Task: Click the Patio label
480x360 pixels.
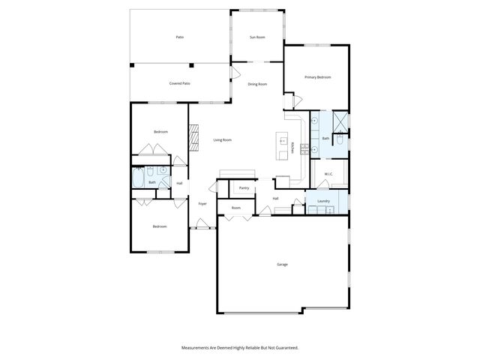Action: (x=180, y=37)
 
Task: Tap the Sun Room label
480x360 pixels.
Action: (x=257, y=37)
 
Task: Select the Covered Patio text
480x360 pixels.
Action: (x=179, y=83)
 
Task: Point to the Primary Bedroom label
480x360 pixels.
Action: (x=317, y=77)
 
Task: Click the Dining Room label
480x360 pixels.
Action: (x=257, y=84)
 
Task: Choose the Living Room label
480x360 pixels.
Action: (x=222, y=139)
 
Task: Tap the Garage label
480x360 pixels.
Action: (x=282, y=264)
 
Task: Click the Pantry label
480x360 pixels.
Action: (x=244, y=188)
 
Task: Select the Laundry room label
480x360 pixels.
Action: (x=324, y=201)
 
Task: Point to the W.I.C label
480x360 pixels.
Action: (x=328, y=174)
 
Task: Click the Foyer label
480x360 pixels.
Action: (x=202, y=204)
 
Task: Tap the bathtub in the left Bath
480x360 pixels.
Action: (x=139, y=178)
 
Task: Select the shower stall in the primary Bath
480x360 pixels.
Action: (x=340, y=121)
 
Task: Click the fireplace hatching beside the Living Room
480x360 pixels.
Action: (x=193, y=137)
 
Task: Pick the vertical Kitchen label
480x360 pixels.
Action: (x=292, y=148)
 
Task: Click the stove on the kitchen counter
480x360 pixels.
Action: (x=304, y=148)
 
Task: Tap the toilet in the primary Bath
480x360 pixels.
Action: (x=340, y=139)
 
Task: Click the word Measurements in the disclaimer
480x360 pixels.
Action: (x=197, y=347)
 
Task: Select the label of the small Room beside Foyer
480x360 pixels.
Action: (x=235, y=208)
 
